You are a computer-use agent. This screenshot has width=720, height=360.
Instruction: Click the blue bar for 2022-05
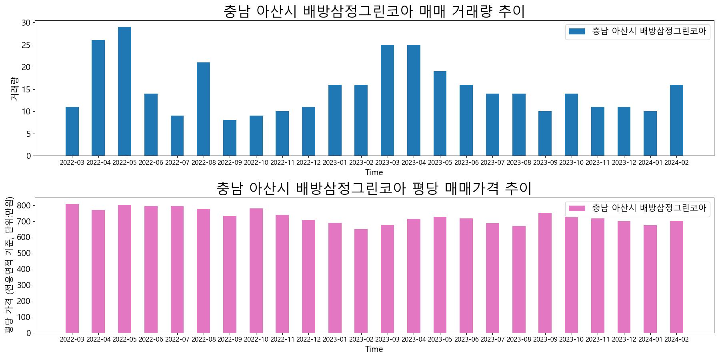point(124,91)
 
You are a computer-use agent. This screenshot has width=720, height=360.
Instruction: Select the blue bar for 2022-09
point(230,138)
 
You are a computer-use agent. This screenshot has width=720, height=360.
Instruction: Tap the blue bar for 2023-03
point(387,100)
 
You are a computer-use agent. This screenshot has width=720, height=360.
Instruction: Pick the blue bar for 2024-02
point(676,120)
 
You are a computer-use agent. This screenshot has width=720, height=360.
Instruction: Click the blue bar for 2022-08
point(203,109)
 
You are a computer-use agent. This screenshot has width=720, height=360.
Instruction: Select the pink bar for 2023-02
point(361,281)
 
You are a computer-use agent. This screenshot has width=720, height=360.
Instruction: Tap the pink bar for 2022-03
point(72,268)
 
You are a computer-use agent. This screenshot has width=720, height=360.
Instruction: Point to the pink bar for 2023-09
point(545,273)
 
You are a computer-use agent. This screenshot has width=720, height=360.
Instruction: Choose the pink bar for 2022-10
point(256,270)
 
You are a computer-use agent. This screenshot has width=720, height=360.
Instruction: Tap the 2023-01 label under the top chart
point(335,163)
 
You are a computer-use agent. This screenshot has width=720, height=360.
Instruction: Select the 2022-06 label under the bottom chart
point(151,340)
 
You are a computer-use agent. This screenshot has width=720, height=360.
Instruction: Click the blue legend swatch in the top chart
point(577,31)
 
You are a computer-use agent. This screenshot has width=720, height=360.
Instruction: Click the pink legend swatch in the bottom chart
point(577,208)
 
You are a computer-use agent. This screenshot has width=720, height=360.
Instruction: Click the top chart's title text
point(374,11)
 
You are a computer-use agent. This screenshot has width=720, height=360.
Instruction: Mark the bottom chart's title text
point(374,188)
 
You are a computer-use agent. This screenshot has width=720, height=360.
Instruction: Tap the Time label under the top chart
point(374,172)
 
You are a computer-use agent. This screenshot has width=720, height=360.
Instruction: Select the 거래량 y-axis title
point(14,88)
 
